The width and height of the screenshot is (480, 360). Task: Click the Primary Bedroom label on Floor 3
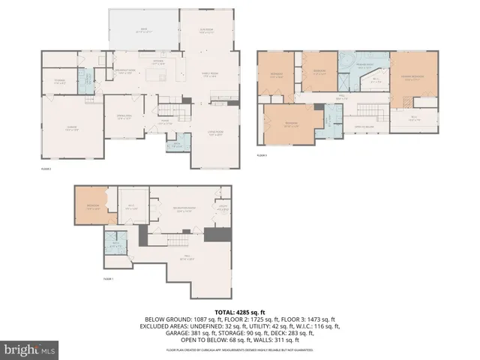(x=412, y=77)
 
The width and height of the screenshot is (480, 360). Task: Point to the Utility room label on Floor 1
(x=223, y=208)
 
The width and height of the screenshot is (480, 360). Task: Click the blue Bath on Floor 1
(x=116, y=244)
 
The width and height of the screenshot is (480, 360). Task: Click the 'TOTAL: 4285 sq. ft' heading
(x=240, y=311)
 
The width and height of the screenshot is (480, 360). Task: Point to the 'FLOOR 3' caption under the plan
(x=262, y=155)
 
